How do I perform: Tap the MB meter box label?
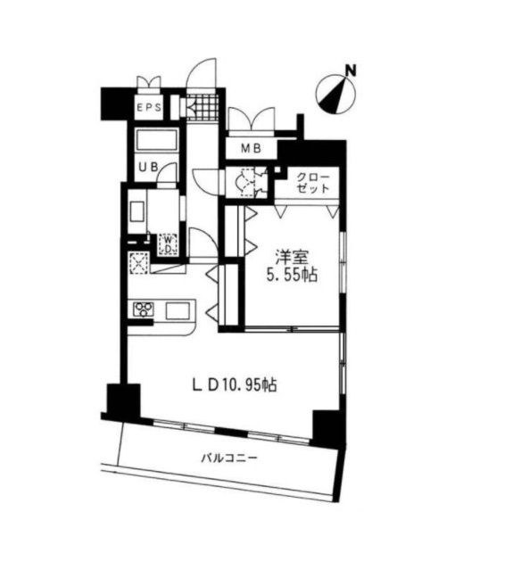click(x=251, y=148)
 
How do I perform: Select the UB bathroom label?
click(x=148, y=168)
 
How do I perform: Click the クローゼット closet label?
click(x=313, y=183)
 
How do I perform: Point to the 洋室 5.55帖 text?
click(x=292, y=266)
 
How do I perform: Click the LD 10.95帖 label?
click(x=235, y=385)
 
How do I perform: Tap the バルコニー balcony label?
click(x=229, y=458)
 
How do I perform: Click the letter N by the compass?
click(x=351, y=70)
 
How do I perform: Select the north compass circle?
click(x=336, y=95)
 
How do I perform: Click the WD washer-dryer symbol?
click(x=169, y=244)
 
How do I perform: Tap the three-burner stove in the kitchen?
click(x=144, y=309)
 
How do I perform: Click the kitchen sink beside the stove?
click(x=178, y=311)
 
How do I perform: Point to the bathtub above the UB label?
click(x=156, y=140)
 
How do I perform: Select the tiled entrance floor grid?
click(x=203, y=107)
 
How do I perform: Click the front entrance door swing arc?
click(x=202, y=72)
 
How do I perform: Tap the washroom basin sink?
click(x=137, y=211)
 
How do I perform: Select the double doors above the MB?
click(x=252, y=120)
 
